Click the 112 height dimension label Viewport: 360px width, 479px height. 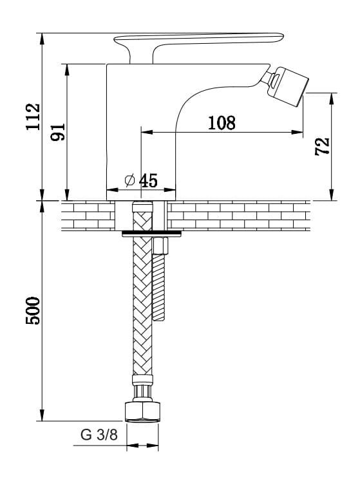click(x=33, y=117)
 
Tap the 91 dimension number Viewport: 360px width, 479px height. click(x=58, y=132)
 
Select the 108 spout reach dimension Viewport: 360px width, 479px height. click(x=222, y=122)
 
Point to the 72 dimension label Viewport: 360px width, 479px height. click(x=323, y=147)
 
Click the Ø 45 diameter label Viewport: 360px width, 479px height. click(x=142, y=180)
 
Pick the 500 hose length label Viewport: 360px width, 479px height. click(x=33, y=310)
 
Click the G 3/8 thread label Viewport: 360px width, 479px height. click(x=99, y=435)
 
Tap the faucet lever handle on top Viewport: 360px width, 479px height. click(x=198, y=42)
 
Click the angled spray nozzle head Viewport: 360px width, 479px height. click(x=287, y=86)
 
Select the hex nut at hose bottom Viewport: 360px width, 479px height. click(x=143, y=412)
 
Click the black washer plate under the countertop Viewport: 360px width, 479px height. click(x=151, y=234)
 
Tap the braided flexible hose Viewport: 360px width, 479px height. click(x=142, y=305)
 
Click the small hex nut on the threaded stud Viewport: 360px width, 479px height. click(x=160, y=246)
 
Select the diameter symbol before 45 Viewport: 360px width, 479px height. click(x=130, y=180)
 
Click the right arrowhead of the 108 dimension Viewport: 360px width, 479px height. click(x=297, y=132)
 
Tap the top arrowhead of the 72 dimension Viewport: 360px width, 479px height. click(x=332, y=99)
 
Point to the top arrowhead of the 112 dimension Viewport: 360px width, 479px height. click(x=42, y=39)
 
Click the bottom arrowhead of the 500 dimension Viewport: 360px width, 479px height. click(x=42, y=415)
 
